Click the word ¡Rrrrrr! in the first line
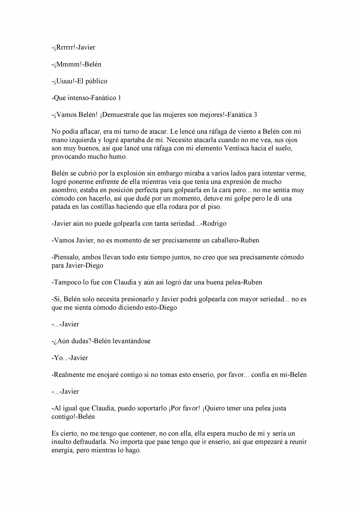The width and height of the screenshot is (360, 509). [64, 47]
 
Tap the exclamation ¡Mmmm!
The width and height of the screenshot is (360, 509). [64, 64]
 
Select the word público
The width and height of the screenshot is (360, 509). [96, 81]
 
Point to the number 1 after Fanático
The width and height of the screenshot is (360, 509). [120, 98]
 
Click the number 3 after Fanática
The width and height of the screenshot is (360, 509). [255, 115]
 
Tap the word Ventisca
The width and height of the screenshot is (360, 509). [236, 148]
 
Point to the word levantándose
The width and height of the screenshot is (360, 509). [131, 341]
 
